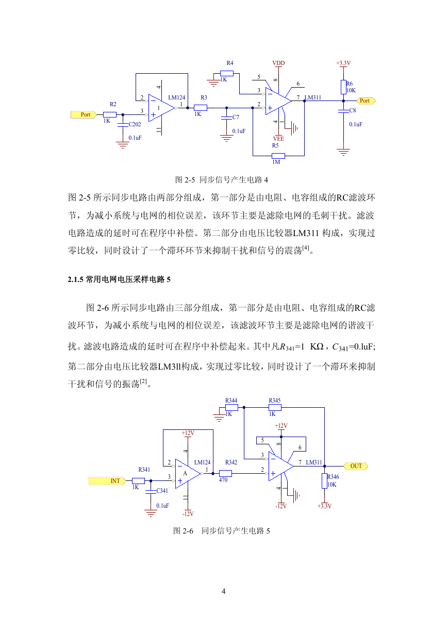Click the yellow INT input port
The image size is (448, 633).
click(107, 481)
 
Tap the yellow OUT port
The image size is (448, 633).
click(356, 466)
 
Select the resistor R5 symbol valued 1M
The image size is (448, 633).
click(278, 156)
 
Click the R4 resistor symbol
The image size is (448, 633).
click(227, 74)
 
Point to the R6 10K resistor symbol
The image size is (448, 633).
click(343, 87)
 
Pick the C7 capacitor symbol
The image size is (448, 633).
click(226, 118)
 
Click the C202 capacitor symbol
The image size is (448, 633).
click(123, 125)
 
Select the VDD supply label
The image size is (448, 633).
click(278, 63)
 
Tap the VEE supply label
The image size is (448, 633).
click(278, 139)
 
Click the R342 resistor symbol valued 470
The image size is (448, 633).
click(225, 473)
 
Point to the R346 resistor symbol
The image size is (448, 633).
click(324, 481)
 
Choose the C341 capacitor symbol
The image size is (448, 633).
click(151, 492)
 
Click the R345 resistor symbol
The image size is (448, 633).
click(275, 407)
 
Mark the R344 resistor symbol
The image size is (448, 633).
click(231, 407)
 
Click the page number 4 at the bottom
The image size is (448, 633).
click(223, 591)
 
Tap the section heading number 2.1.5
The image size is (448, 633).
click(75, 279)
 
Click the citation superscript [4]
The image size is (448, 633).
click(306, 248)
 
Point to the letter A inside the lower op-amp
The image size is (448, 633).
click(185, 473)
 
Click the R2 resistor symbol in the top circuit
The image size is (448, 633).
click(110, 114)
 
